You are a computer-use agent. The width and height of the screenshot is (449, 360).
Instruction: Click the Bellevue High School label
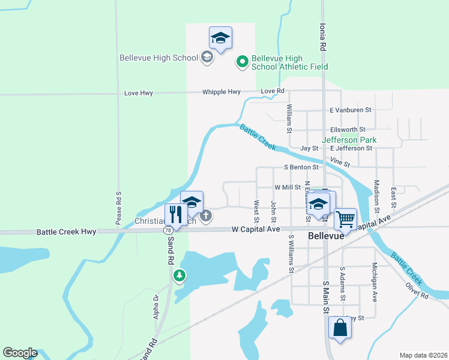click(158, 58)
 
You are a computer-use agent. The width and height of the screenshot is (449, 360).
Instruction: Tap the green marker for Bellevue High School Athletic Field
click(242, 62)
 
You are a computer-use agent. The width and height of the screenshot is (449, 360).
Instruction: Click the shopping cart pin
click(346, 220)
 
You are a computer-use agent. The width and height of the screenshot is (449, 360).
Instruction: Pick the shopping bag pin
click(340, 328)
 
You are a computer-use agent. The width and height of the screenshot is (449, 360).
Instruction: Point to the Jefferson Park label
click(349, 140)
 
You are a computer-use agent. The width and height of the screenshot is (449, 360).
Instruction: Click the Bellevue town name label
click(325, 236)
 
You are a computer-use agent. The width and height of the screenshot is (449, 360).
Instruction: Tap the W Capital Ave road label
click(256, 229)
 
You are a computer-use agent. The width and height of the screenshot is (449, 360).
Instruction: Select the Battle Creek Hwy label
click(66, 232)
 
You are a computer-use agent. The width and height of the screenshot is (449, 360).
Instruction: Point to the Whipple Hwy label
click(221, 92)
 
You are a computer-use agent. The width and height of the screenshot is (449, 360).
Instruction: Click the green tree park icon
click(179, 276)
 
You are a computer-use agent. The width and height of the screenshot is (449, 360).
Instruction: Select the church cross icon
click(206, 215)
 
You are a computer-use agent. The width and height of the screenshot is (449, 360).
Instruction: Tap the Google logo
click(20, 353)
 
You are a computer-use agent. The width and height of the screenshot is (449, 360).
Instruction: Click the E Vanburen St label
click(351, 110)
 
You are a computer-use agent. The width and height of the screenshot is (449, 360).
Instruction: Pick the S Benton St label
click(301, 167)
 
